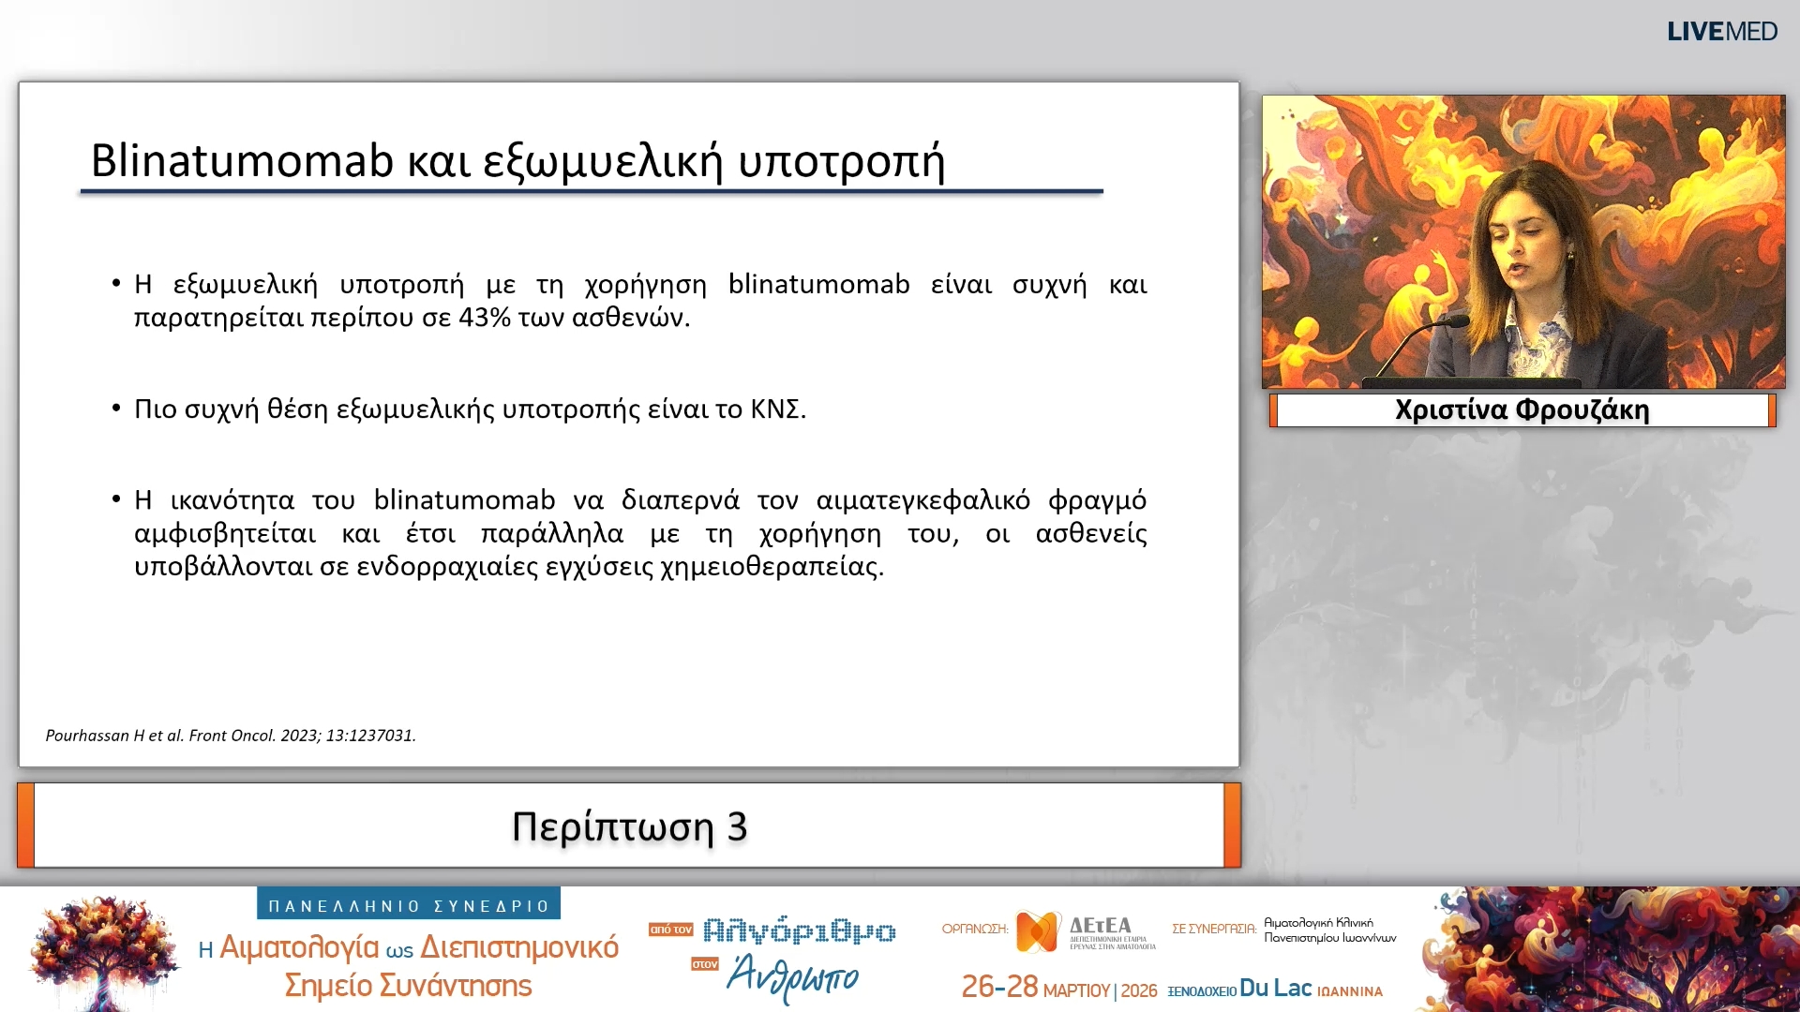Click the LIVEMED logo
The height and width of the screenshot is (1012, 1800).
[x=1721, y=32]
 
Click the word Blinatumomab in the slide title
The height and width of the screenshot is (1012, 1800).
[x=242, y=161]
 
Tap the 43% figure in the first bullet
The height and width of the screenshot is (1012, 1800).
[x=485, y=319]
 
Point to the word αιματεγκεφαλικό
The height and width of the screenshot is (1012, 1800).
[x=922, y=501]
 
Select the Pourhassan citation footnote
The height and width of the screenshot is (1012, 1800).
[x=231, y=736]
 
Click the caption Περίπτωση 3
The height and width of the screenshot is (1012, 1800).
[x=629, y=826]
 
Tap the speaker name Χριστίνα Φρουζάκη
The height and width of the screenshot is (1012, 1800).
[x=1522, y=410]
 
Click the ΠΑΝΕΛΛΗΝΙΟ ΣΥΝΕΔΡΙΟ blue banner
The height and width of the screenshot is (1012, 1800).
[x=409, y=905]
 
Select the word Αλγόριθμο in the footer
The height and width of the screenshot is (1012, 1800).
[x=799, y=930]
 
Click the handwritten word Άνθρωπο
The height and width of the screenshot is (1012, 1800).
[x=793, y=977]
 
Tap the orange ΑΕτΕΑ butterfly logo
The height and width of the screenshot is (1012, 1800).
[x=1038, y=930]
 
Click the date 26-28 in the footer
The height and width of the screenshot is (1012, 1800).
[x=999, y=988]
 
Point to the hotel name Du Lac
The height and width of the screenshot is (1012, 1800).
[x=1275, y=989]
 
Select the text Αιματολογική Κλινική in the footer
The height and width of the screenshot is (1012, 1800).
[x=1318, y=923]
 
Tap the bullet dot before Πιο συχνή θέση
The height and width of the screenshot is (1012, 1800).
[x=116, y=408]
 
